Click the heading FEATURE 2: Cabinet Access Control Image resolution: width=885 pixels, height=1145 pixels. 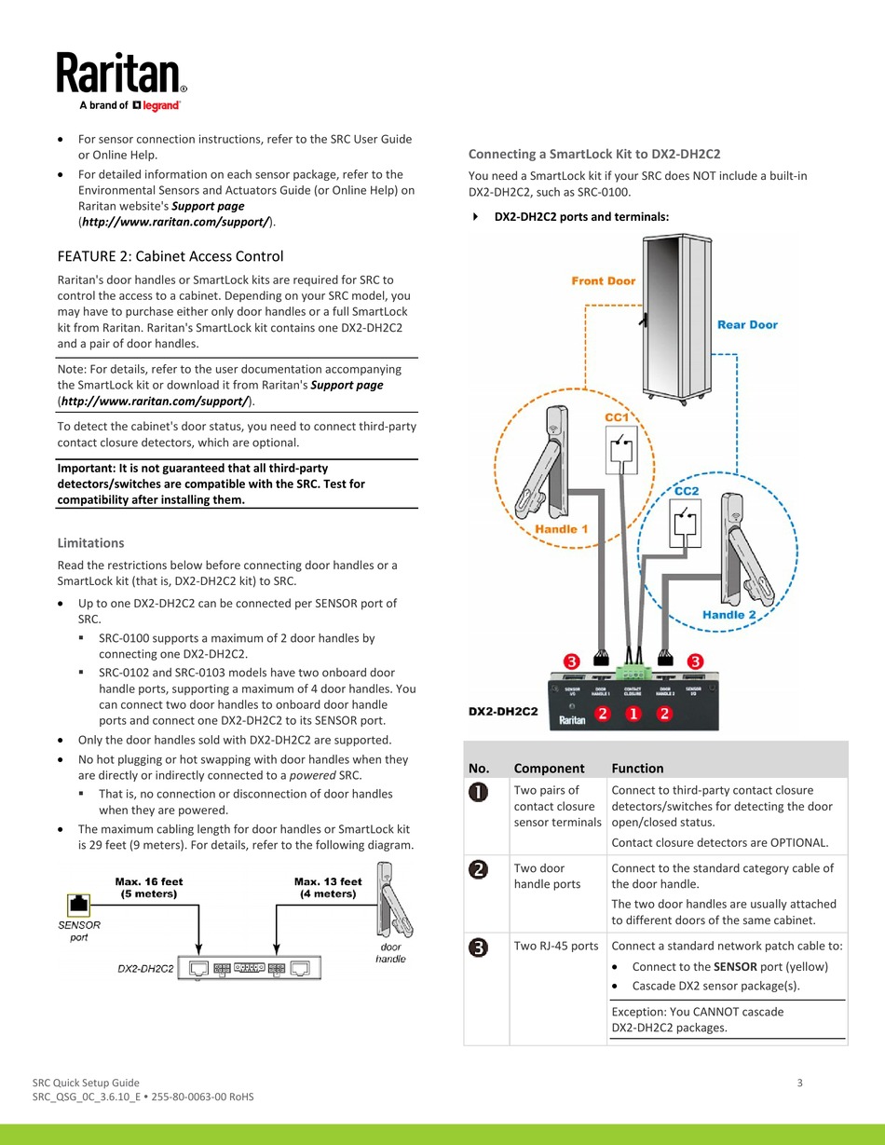[170, 256]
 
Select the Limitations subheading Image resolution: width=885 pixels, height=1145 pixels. [90, 543]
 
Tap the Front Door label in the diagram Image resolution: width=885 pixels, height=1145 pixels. [604, 280]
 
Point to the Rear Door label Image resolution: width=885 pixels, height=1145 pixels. [747, 324]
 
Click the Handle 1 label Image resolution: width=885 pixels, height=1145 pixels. [562, 529]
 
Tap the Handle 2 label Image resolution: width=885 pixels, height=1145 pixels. [729, 615]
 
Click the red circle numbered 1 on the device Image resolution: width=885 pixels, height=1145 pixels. [633, 714]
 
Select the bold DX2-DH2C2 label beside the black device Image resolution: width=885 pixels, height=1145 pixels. [503, 712]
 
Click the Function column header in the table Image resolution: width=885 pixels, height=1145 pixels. [637, 769]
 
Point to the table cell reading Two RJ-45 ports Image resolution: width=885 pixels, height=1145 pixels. [556, 946]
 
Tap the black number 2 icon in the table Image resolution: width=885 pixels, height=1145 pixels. [479, 869]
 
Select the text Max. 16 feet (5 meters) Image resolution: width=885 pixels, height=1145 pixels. [149, 887]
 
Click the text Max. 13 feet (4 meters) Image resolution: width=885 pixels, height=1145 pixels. [328, 887]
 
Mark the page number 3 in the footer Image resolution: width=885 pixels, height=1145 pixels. [800, 1082]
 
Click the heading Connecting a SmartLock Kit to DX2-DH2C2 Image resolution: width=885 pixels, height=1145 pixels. [594, 154]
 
